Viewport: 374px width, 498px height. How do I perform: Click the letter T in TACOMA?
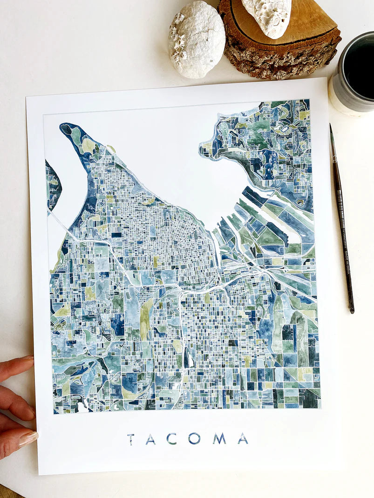[x=131, y=439]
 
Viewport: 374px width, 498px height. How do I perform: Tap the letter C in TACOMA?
[x=171, y=438]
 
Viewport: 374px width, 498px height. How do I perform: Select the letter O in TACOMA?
[x=194, y=438]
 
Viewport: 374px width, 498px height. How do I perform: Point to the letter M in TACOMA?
[x=219, y=438]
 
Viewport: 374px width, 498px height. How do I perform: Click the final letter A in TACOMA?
[x=243, y=438]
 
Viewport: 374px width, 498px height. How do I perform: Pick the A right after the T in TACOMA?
[x=150, y=439]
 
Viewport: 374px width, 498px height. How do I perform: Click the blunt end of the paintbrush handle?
[x=352, y=310]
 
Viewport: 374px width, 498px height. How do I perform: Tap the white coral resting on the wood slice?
[x=267, y=16]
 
